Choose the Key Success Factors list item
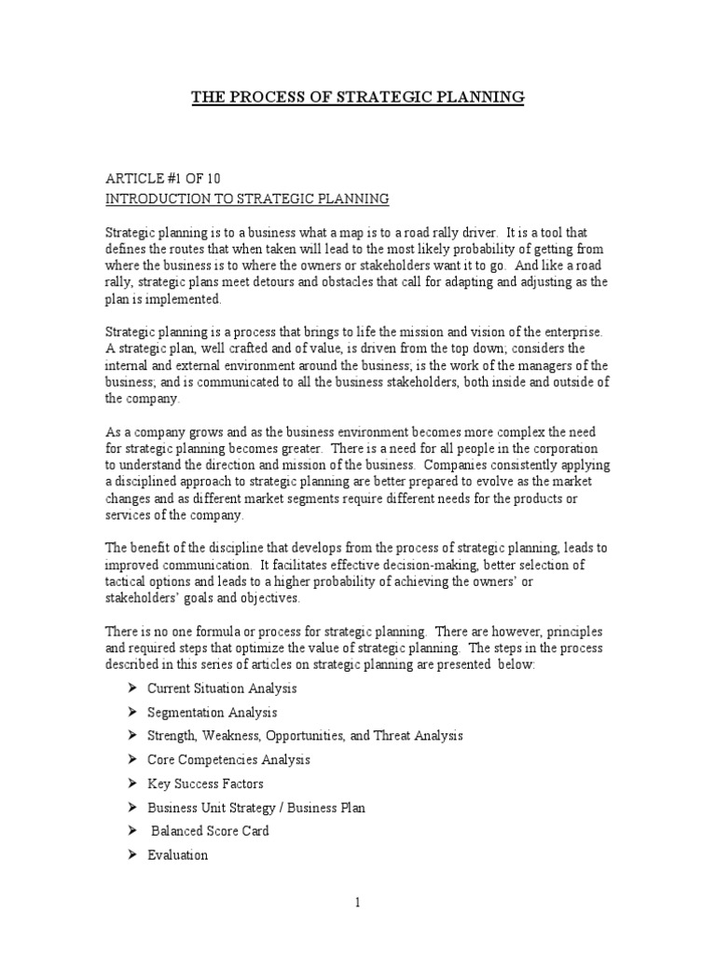205,784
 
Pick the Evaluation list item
177,855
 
